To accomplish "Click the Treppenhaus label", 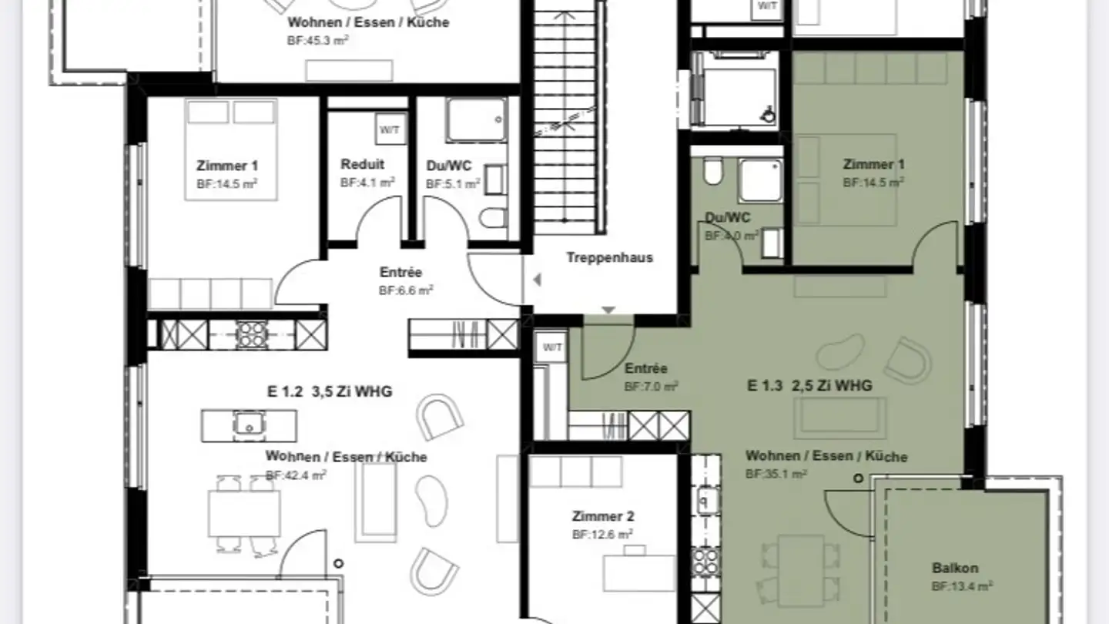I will pyautogui.click(x=609, y=257).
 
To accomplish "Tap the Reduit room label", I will pyautogui.click(x=362, y=164).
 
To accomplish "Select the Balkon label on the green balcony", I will pyautogui.click(x=955, y=569).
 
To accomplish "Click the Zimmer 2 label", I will pyautogui.click(x=602, y=516).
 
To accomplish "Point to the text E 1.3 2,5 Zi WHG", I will pyautogui.click(x=809, y=385).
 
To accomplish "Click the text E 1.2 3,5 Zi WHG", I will pyautogui.click(x=330, y=391).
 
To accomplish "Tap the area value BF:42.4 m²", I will pyautogui.click(x=296, y=475).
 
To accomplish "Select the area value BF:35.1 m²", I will pyautogui.click(x=776, y=475).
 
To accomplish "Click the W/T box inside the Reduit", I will pyautogui.click(x=390, y=129).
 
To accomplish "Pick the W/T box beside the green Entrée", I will pyautogui.click(x=552, y=347).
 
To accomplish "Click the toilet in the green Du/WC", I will pyautogui.click(x=713, y=172).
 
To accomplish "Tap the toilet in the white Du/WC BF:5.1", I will pyautogui.click(x=491, y=219).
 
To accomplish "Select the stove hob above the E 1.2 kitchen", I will pyautogui.click(x=250, y=334).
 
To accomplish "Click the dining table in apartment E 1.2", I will pyautogui.click(x=244, y=513).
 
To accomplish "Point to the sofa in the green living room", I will pyautogui.click(x=833, y=418).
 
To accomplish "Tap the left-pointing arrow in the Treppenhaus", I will pyautogui.click(x=537, y=280).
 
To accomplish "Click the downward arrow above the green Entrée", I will pyautogui.click(x=608, y=310).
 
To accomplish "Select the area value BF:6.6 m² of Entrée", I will pyautogui.click(x=406, y=290).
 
